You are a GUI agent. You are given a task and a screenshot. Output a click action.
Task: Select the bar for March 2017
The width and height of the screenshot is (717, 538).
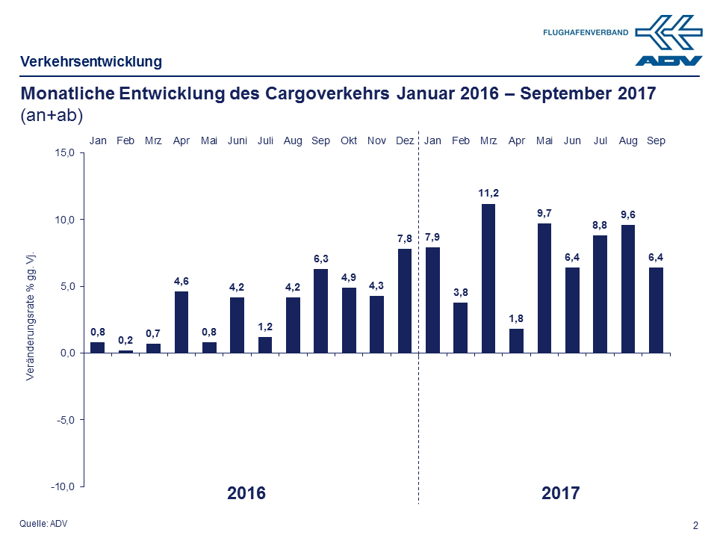(x=488, y=278)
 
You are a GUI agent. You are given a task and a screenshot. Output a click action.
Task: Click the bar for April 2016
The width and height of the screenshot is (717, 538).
(x=181, y=322)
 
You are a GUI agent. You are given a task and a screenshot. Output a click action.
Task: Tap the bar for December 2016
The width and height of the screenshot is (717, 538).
(x=404, y=300)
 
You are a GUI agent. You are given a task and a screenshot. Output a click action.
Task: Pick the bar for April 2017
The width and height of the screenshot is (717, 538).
(x=516, y=341)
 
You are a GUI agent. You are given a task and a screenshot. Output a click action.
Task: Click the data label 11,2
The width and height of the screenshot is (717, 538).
(x=488, y=194)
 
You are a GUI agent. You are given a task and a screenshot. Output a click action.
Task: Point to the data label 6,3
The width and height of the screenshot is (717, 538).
(x=320, y=259)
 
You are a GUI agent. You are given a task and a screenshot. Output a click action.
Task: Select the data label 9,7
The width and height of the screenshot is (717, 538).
(x=544, y=214)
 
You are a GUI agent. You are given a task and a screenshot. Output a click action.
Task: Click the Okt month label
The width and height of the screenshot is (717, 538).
(x=349, y=140)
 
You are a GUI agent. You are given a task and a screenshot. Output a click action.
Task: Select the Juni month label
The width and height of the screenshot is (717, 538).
(x=238, y=140)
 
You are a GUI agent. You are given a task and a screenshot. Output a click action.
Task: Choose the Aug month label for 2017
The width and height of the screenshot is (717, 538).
(x=628, y=140)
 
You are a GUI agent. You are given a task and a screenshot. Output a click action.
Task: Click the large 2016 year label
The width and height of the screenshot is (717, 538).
(x=246, y=493)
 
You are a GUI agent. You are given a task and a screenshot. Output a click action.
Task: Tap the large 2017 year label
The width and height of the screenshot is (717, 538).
(x=560, y=493)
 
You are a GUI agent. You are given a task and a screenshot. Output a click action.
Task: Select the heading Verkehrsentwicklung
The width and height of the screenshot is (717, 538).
(x=91, y=61)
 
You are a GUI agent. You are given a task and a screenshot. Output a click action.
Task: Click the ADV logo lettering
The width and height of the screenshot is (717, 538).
(x=668, y=61)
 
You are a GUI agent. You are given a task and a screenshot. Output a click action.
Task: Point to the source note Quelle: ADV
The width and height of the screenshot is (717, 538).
(x=43, y=524)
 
